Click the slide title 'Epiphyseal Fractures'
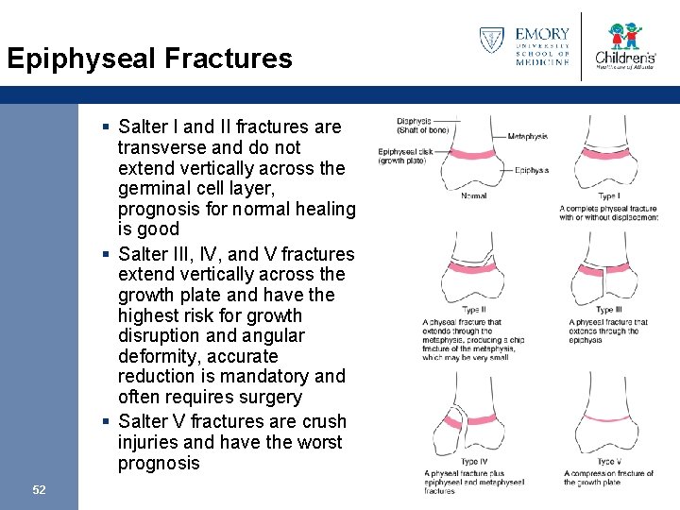[x=149, y=59]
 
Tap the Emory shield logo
[x=491, y=41]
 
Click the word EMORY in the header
[x=542, y=35]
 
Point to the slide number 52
[x=39, y=489]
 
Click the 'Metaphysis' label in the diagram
[x=527, y=136]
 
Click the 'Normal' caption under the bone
[x=473, y=195]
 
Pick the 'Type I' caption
[x=609, y=195]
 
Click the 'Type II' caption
[x=473, y=310]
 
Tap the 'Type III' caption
[x=609, y=310]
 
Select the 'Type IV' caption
[x=473, y=462]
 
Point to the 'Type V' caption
[x=609, y=462]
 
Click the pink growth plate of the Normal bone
[x=473, y=154]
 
